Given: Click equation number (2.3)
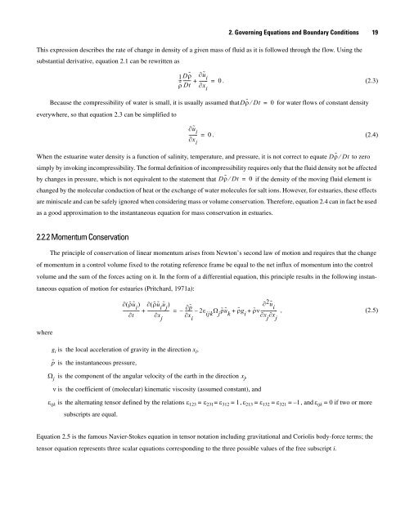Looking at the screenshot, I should coord(365,82).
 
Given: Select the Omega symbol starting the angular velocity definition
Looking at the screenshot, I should coord(52,397).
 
